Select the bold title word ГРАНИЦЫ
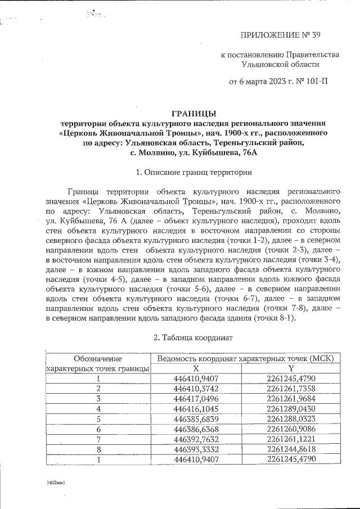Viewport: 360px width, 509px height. tap(193, 113)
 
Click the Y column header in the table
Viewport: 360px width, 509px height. tap(291, 368)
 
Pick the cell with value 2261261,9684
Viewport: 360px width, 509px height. tap(291, 398)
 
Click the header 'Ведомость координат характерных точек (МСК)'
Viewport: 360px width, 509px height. tap(246, 358)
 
